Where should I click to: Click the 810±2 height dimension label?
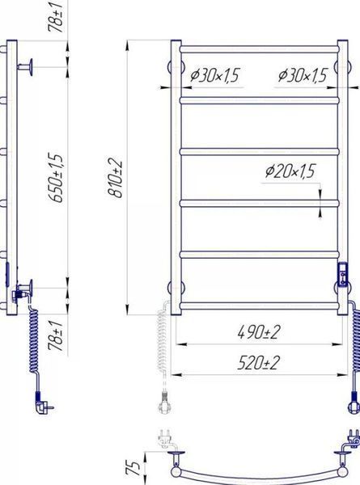tap(115, 179)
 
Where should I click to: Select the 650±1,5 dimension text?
tap(56, 178)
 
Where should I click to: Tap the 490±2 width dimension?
tap(258, 332)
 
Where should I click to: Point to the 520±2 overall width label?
tap(258, 363)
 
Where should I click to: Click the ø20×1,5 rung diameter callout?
tap(290, 171)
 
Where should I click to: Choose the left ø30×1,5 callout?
tap(215, 75)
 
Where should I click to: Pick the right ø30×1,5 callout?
tap(303, 75)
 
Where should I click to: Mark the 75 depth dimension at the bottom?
tap(133, 468)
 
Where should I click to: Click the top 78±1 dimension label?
tap(56, 16)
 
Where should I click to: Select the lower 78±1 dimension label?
tap(56, 335)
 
